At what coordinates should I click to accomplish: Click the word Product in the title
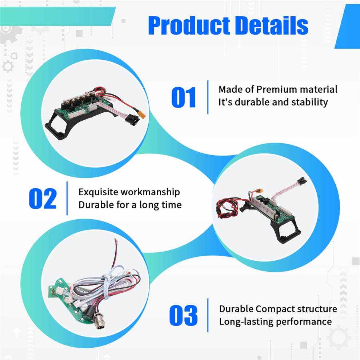189,26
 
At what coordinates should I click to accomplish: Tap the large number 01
184,97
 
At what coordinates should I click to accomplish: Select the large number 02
43,199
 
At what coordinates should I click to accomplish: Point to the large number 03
183,316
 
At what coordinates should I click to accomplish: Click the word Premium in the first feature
277,89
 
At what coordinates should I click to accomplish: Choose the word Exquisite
98,192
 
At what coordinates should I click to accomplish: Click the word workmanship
150,192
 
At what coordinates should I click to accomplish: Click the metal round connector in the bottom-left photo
100,322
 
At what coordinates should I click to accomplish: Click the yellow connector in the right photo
259,191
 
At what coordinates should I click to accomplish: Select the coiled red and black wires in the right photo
227,207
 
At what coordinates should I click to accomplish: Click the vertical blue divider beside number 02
67,199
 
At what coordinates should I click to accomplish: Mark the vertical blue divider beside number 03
208,315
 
